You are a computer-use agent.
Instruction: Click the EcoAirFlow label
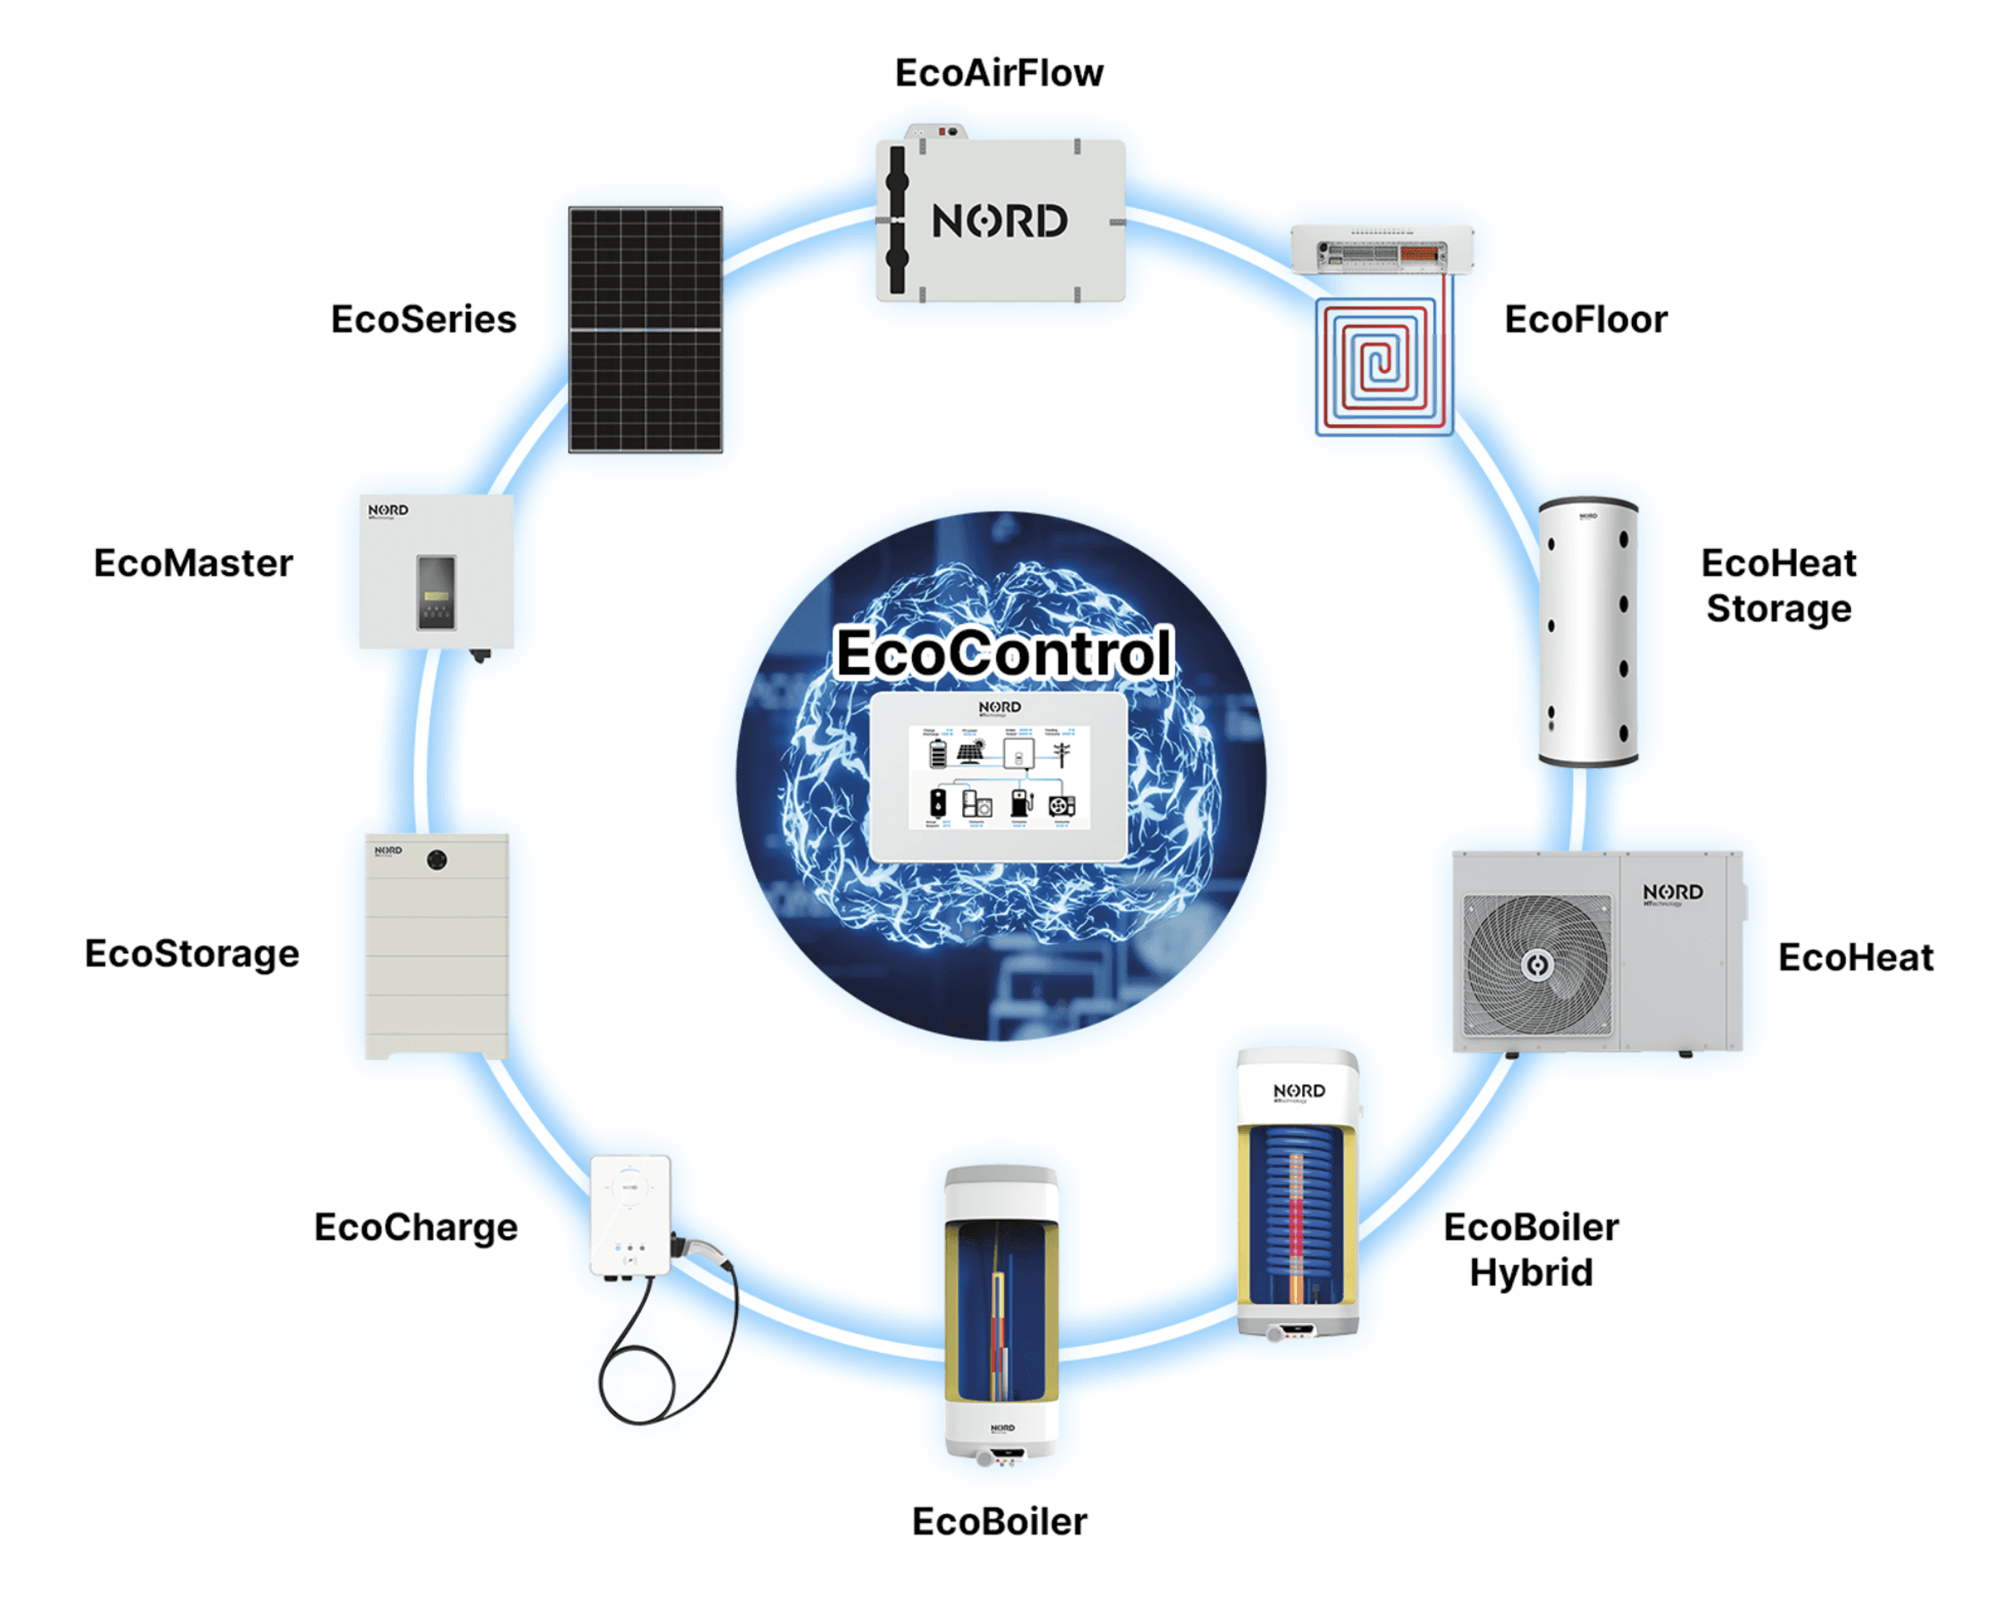(x=998, y=73)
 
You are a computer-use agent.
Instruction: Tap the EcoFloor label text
(x=1585, y=319)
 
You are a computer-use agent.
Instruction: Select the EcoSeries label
(x=423, y=319)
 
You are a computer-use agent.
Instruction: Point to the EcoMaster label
(x=193, y=562)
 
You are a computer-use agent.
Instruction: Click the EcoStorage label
(x=192, y=953)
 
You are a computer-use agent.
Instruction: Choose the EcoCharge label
(x=416, y=1227)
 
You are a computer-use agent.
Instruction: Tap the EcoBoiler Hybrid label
(x=1530, y=1250)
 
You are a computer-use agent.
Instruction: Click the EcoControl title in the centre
(x=1003, y=653)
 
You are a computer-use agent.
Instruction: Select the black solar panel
(x=645, y=330)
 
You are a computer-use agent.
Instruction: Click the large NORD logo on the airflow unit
(x=999, y=222)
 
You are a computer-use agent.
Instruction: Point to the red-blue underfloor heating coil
(x=1382, y=366)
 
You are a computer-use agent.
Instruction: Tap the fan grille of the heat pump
(x=1537, y=964)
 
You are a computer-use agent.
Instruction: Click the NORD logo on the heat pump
(x=1673, y=892)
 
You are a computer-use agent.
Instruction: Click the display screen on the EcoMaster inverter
(x=436, y=592)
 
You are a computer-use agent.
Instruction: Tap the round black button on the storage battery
(x=437, y=860)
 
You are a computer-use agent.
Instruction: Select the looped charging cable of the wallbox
(x=665, y=1357)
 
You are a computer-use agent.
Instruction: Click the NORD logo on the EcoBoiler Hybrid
(x=1299, y=1091)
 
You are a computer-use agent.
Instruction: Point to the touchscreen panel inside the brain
(x=998, y=777)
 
